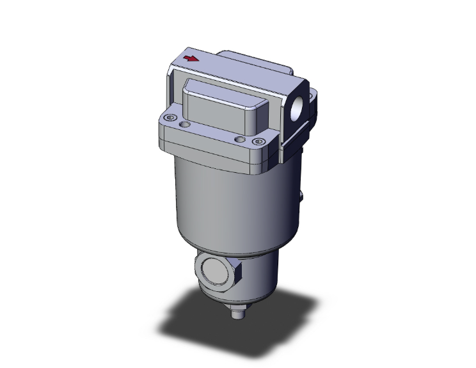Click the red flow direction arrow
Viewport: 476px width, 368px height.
(191, 60)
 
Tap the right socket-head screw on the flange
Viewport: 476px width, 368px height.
(258, 141)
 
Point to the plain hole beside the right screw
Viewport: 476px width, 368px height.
(240, 138)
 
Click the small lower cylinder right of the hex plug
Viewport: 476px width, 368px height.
(262, 275)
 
